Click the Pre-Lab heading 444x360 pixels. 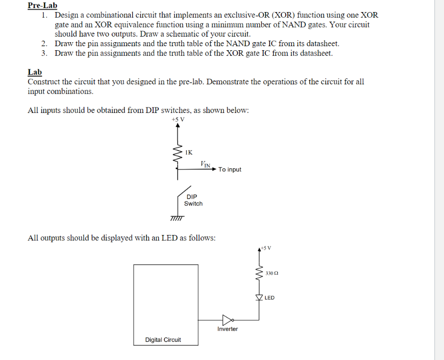tap(42, 6)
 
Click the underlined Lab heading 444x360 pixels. tap(35, 72)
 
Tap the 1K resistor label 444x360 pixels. tap(188, 151)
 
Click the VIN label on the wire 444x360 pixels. tap(205, 164)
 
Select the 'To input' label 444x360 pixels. tap(230, 170)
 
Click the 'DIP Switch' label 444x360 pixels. tap(193, 200)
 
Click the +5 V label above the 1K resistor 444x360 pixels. tap(177, 119)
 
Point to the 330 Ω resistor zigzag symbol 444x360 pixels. tap(260, 274)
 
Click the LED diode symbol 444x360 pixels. tap(260, 298)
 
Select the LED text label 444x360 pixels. tap(270, 298)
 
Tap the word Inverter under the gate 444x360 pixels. tap(228, 329)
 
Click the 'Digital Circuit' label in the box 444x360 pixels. tap(163, 340)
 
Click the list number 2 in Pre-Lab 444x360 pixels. tap(45, 44)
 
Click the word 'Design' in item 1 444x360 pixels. tap(67, 15)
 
